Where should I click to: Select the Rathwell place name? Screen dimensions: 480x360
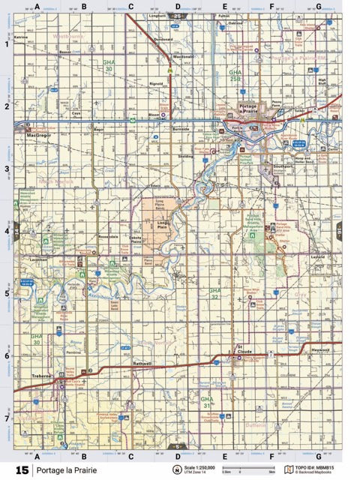coord(142,364)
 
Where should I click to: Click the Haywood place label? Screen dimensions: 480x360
coord(319,350)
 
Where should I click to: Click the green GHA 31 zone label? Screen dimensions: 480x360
coord(207,400)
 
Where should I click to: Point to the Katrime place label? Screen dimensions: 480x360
coord(20,36)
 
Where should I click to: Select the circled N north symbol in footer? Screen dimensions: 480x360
coord(178,469)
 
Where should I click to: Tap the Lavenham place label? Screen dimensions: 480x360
coord(40,259)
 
